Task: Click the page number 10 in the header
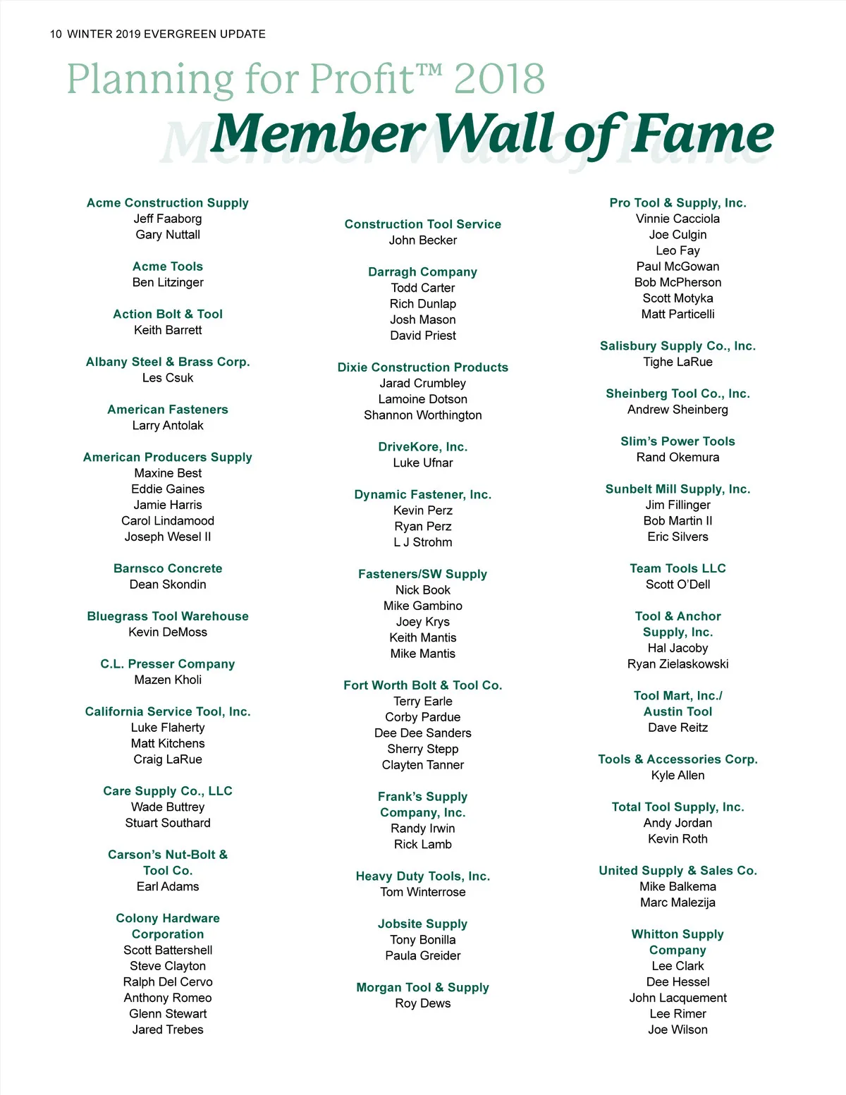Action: (56, 34)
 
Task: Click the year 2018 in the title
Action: (499, 79)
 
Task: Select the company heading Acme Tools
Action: (168, 267)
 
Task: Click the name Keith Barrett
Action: (168, 330)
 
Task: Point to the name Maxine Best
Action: (168, 473)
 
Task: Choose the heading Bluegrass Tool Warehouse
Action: (168, 616)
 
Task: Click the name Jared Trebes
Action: (168, 1029)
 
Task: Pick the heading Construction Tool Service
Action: (423, 224)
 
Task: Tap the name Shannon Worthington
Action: (423, 415)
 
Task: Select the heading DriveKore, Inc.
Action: (423, 447)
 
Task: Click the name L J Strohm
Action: (423, 542)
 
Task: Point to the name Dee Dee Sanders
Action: (423, 733)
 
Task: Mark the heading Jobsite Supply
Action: (423, 924)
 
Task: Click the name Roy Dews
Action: (423, 1003)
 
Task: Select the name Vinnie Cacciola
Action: (678, 219)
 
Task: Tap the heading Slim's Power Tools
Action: (678, 441)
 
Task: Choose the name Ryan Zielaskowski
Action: (678, 664)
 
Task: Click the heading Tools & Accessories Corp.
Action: (678, 759)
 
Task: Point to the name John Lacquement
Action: (678, 998)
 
